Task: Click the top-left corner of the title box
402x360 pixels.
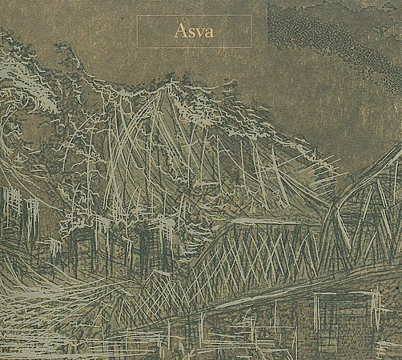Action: pos(137,15)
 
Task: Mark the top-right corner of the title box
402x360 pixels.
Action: pos(251,15)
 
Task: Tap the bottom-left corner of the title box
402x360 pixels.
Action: pos(137,48)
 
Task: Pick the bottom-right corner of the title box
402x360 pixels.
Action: pos(251,48)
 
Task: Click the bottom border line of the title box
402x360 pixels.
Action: pos(194,48)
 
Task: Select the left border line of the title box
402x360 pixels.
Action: pos(137,32)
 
